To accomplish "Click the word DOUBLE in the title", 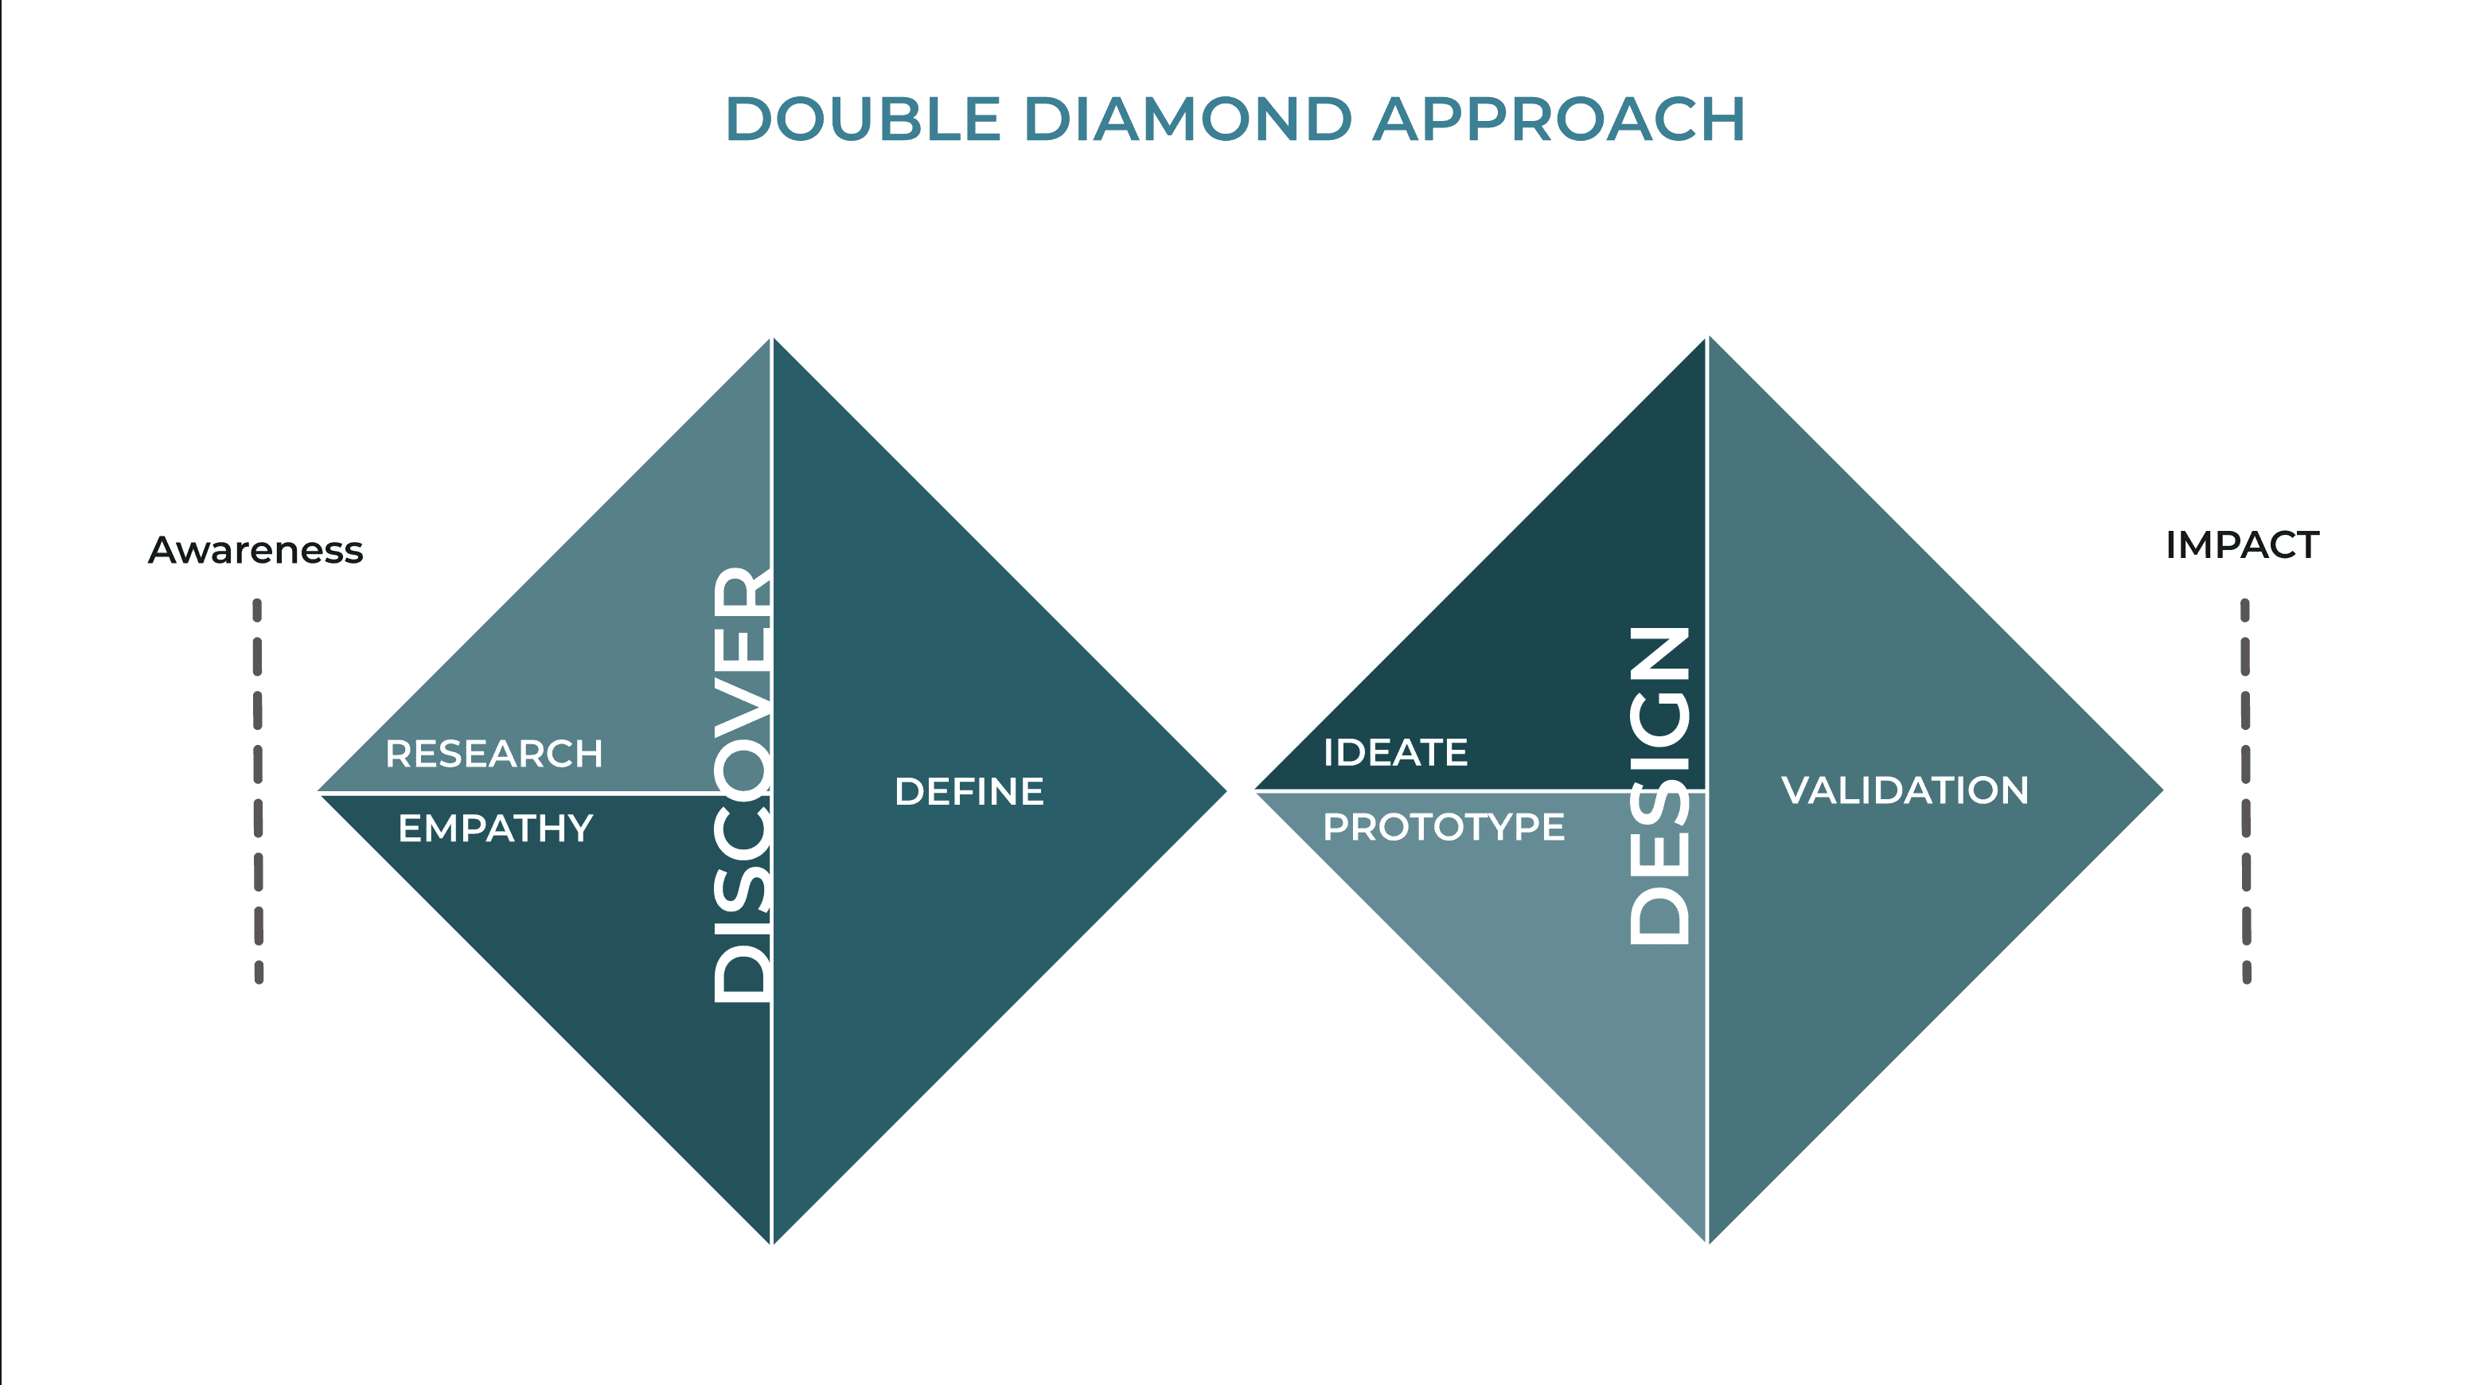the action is [x=863, y=120].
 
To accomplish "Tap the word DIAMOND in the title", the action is [x=1188, y=120].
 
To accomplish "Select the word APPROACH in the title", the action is [x=1558, y=120].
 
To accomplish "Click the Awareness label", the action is [x=255, y=551].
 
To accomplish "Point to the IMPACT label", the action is [x=2242, y=545].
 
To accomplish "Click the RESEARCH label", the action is [x=493, y=755].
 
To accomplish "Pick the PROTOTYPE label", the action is [x=1443, y=827].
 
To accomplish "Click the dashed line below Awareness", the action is [x=258, y=791].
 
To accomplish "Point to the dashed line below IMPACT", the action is [x=2245, y=791].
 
